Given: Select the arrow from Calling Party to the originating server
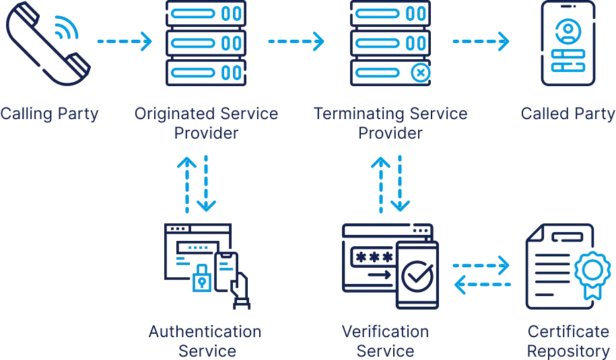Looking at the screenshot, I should click(125, 41).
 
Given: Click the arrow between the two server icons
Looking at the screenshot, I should click(296, 41).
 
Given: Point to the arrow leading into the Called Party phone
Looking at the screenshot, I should click(481, 41).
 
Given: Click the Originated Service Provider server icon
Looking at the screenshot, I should click(205, 42).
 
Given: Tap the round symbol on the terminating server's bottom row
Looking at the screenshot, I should click(420, 72).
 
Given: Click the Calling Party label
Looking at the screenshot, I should click(48, 113).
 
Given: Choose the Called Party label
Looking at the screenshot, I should click(569, 113).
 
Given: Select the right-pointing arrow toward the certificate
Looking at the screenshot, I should click(482, 265).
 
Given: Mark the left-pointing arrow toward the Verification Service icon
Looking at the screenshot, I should click(482, 285).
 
